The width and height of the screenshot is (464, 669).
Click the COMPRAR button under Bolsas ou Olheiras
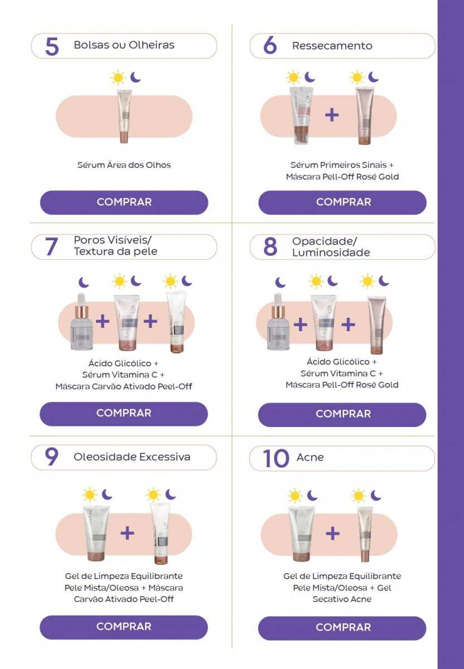[124, 202]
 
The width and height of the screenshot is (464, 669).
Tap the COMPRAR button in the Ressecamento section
[342, 202]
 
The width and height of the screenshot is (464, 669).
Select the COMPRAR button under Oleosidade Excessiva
[124, 627]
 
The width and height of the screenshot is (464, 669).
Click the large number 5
[52, 46]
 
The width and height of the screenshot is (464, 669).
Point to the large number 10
[275, 458]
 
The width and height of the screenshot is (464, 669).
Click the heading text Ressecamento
[332, 46]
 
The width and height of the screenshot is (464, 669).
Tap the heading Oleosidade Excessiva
[132, 457]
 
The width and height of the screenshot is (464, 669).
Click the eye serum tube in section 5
[124, 116]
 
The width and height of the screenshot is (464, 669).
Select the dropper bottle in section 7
[81, 322]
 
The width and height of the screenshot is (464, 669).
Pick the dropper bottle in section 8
[278, 322]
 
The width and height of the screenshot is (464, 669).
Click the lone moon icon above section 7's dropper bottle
[84, 282]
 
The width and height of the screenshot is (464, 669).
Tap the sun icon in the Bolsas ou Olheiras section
[118, 77]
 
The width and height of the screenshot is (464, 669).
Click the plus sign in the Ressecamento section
[332, 115]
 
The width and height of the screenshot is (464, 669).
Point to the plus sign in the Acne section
[332, 533]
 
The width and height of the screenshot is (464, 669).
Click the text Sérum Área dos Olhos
[124, 165]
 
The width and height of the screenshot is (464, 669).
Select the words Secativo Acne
[342, 599]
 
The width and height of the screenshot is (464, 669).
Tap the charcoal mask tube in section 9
[161, 534]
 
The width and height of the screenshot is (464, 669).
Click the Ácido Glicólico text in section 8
[338, 362]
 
